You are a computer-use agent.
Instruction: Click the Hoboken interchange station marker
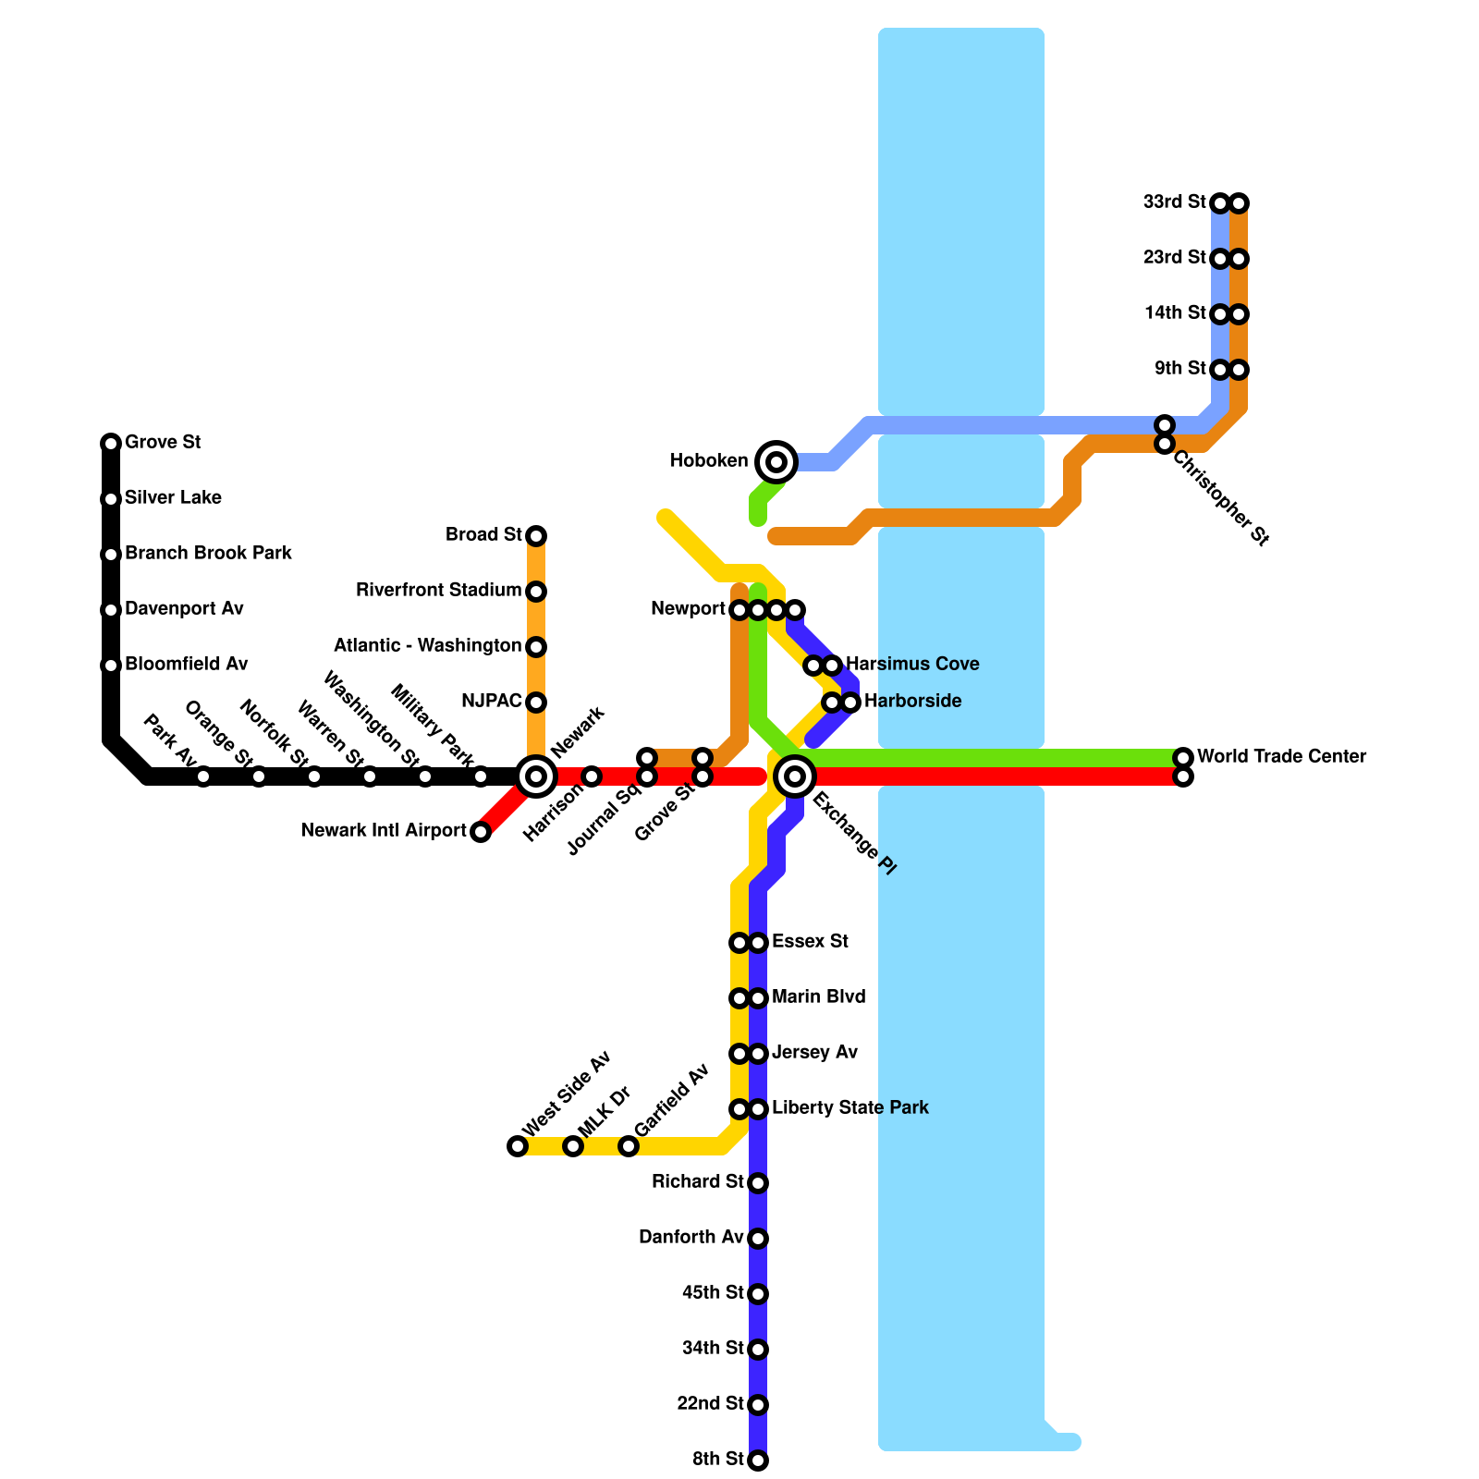tap(776, 461)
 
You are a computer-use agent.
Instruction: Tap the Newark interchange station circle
tap(536, 776)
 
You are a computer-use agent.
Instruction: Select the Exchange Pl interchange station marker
tap(795, 776)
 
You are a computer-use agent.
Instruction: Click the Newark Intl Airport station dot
tap(481, 832)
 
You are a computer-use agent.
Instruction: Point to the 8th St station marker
tap(758, 1461)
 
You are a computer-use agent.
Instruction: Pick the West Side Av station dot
tap(518, 1146)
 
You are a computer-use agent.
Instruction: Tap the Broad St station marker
tap(536, 536)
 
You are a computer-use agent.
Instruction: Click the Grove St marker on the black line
tap(111, 444)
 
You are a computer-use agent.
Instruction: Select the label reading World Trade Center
tap(1281, 756)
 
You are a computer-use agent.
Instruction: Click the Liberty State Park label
tap(850, 1107)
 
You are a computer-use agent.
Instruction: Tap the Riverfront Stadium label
tap(438, 590)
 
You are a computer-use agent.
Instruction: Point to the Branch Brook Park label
tap(208, 553)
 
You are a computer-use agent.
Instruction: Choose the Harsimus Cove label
tap(912, 664)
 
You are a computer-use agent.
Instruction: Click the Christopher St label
tap(1220, 497)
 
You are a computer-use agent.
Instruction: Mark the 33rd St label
tap(1174, 202)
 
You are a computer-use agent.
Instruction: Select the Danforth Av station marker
tap(758, 1239)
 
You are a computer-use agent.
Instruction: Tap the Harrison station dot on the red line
tap(592, 776)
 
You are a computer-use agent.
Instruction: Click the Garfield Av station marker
tap(629, 1146)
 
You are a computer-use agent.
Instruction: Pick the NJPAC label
tap(491, 701)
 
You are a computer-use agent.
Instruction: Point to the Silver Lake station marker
tap(111, 499)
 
